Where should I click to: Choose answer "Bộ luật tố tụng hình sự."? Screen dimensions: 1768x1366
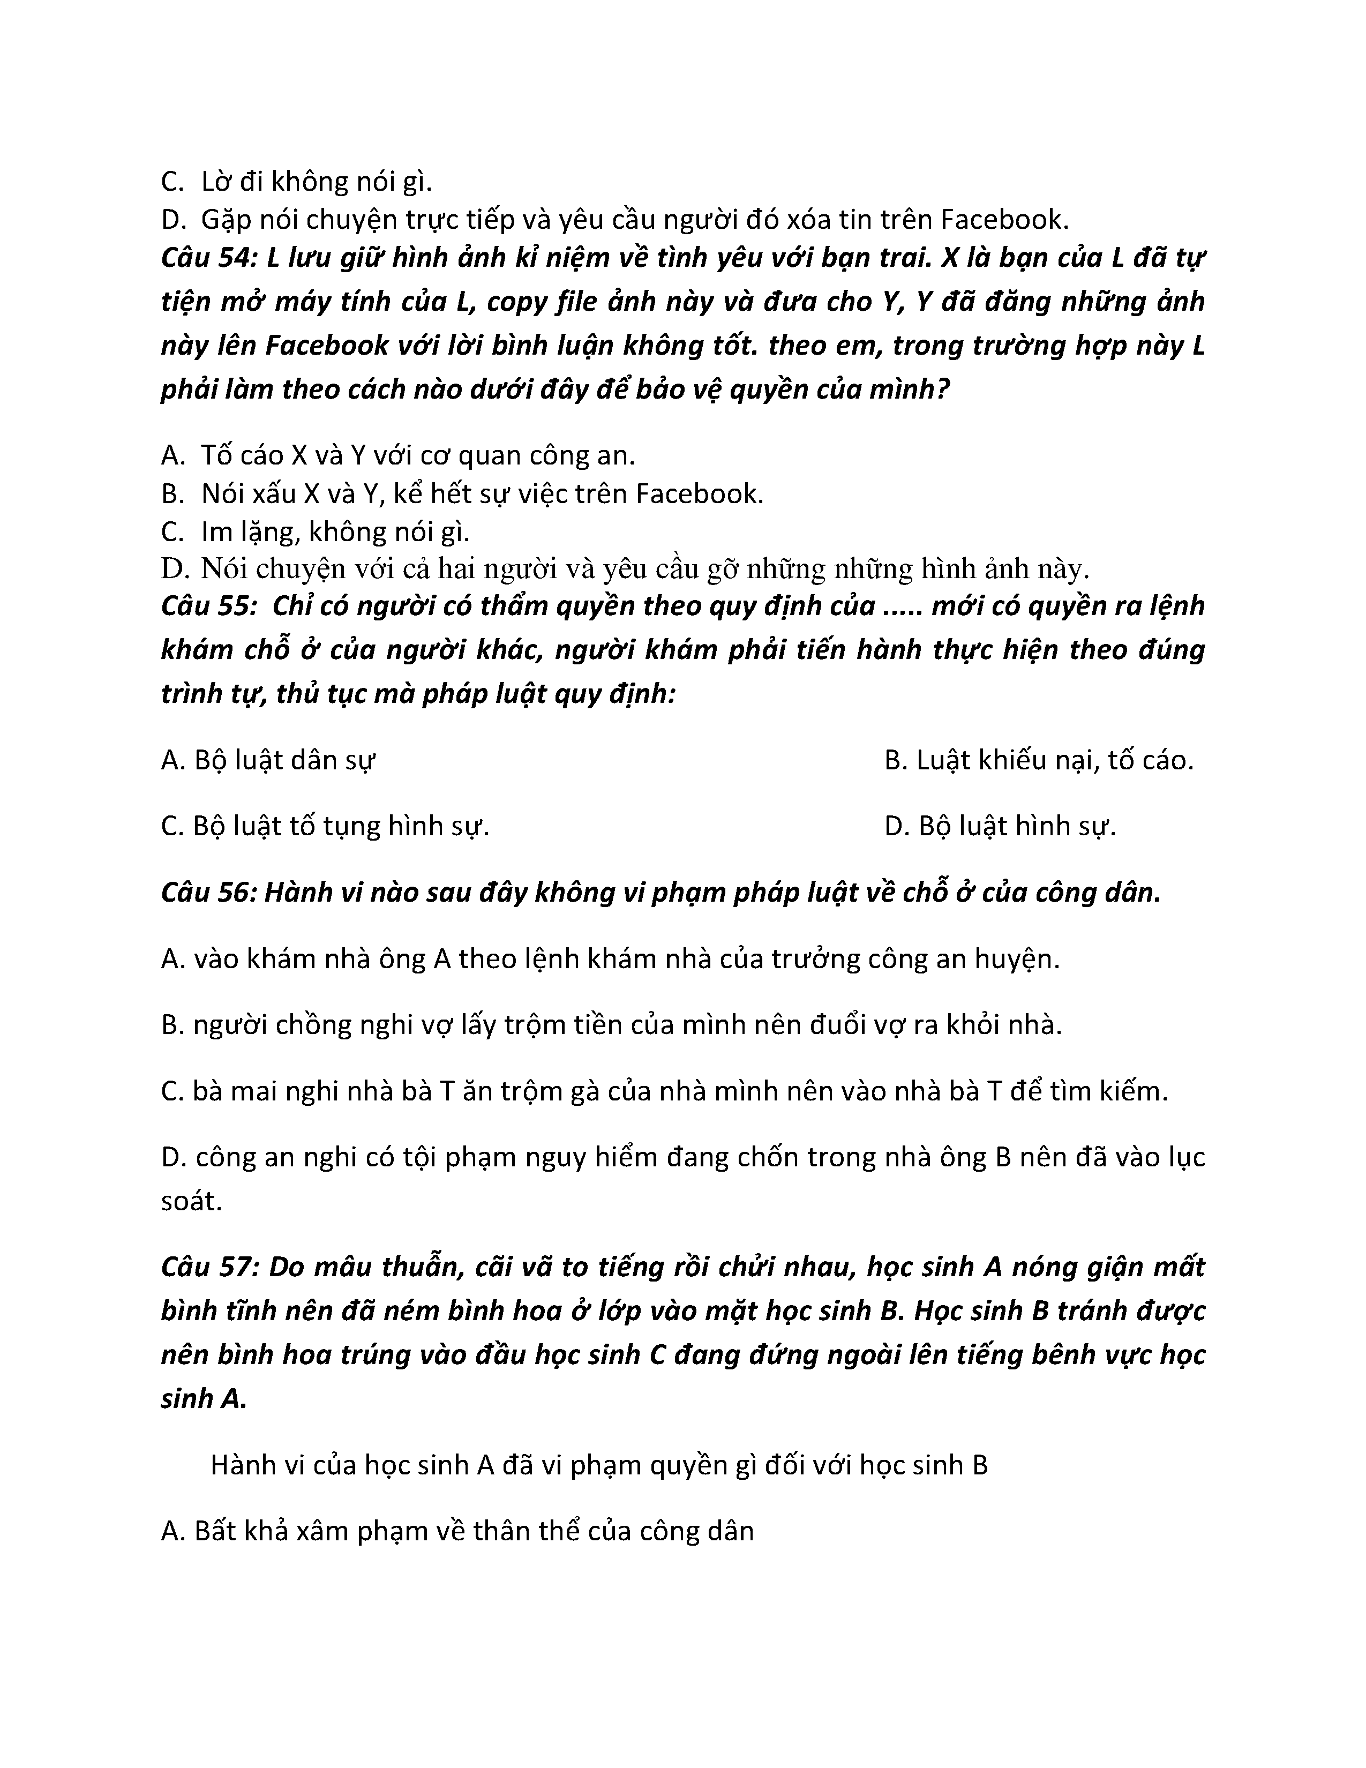[x=326, y=827]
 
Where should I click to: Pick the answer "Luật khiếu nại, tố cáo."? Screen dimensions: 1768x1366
[x=1039, y=761]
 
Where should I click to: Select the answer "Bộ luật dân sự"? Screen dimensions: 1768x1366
[x=269, y=761]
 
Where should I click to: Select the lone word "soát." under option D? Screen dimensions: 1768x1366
[x=191, y=1201]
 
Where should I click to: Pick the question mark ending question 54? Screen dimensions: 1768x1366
[x=941, y=390]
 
